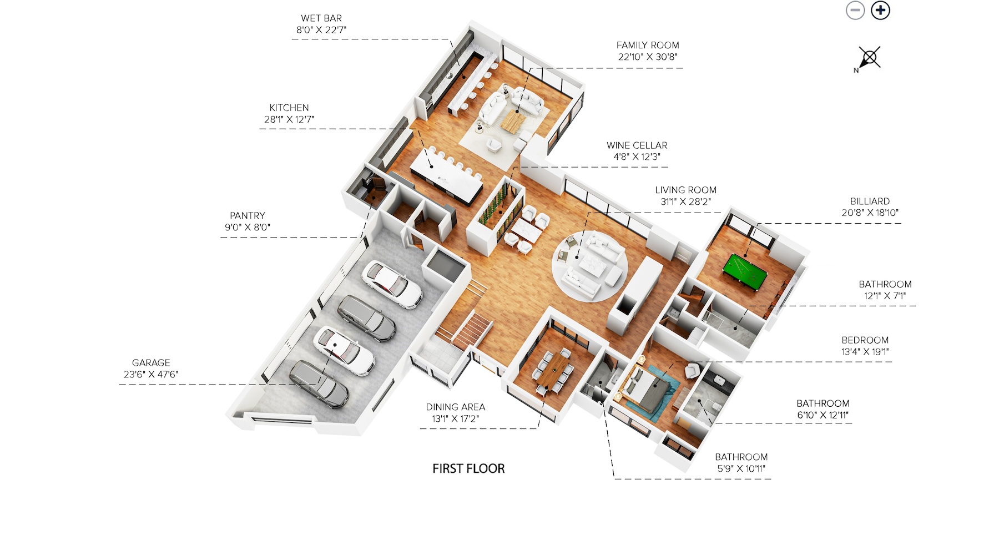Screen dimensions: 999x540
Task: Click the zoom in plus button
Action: [x=880, y=11]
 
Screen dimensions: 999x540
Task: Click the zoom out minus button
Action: [x=855, y=11]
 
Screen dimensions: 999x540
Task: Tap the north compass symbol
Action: [x=868, y=58]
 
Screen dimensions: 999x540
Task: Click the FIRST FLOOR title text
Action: [x=468, y=469]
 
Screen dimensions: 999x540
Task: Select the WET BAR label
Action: [x=321, y=18]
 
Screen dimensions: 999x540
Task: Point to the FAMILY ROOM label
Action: [x=648, y=45]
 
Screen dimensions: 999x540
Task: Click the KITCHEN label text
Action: [x=289, y=108]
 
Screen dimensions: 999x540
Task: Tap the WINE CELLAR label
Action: [x=637, y=145]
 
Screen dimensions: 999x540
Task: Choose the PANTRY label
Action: [x=248, y=215]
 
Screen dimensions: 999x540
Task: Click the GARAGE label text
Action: [x=151, y=362]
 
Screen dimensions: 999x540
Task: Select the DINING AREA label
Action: [x=456, y=407]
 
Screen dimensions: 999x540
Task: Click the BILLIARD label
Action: [x=870, y=201]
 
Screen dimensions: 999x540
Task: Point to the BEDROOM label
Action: [x=865, y=340]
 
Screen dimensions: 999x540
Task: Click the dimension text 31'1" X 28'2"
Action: [x=685, y=201]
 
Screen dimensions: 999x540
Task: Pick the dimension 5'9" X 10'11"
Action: [x=741, y=469]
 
